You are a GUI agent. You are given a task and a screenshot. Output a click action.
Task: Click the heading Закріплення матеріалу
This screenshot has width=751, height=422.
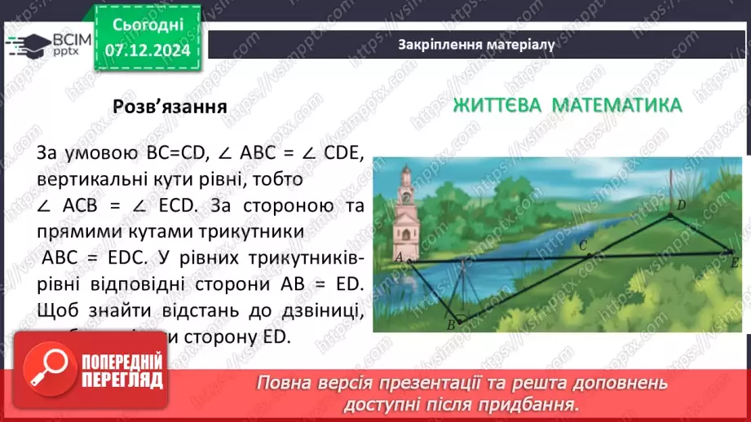[477, 45]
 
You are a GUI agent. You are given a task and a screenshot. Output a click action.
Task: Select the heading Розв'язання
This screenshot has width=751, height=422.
[170, 108]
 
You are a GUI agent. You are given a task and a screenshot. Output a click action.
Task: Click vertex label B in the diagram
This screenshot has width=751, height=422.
[451, 326]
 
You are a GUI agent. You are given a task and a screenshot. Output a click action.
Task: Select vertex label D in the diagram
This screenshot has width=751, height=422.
[680, 204]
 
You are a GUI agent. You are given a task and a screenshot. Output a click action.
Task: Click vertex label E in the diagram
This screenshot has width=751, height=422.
[735, 262]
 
